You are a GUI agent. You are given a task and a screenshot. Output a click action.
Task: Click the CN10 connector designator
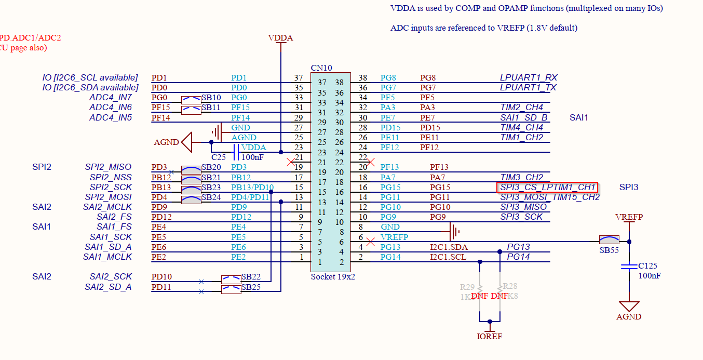(321, 68)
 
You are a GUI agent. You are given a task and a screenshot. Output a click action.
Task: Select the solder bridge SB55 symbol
(609, 240)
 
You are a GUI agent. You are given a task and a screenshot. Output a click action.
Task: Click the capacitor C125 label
(649, 266)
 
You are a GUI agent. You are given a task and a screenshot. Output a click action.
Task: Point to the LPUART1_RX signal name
(529, 77)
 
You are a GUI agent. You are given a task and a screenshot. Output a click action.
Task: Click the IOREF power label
(490, 337)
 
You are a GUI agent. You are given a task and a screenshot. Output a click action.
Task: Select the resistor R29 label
(467, 287)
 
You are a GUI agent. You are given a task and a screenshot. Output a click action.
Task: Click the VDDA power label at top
(280, 38)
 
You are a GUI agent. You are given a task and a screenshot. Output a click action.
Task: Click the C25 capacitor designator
(218, 157)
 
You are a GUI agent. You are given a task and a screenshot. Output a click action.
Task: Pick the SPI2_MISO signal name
(108, 167)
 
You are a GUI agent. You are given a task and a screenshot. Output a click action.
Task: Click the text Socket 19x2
(333, 276)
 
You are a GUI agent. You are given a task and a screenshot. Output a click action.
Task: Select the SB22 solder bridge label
(251, 277)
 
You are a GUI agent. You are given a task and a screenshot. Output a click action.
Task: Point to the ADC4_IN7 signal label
(110, 98)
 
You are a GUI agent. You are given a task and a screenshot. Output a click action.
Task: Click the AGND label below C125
(629, 317)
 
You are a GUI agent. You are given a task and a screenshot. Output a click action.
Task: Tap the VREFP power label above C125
(629, 217)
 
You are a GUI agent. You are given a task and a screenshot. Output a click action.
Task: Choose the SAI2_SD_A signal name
(108, 287)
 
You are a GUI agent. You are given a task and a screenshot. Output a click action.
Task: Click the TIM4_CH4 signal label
(521, 127)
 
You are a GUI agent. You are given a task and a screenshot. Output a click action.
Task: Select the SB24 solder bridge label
(211, 197)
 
